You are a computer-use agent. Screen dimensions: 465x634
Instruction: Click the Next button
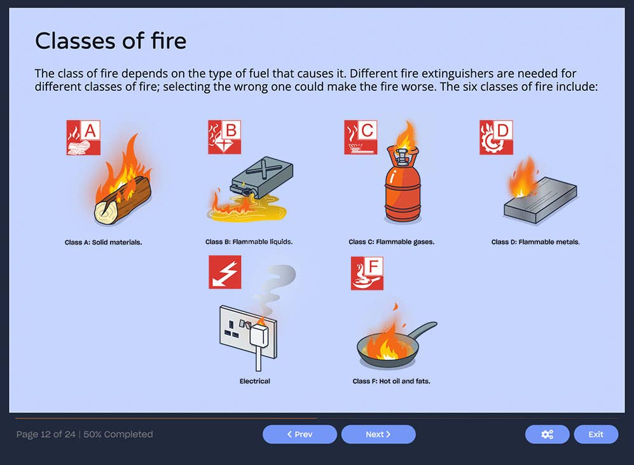(378, 435)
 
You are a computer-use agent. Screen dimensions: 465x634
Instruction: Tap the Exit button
(595, 435)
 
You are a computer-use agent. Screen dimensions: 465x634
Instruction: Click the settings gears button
(547, 435)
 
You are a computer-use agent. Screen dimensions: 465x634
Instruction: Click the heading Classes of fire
(111, 41)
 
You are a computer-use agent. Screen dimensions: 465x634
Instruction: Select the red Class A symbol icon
(83, 137)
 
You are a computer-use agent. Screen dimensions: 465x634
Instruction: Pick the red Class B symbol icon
(224, 137)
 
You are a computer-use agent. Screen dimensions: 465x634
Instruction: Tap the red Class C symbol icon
(361, 137)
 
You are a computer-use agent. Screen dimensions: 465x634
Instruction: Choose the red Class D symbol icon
(496, 137)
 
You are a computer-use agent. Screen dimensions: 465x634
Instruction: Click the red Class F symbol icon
(367, 273)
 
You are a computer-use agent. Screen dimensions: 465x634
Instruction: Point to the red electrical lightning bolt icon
(225, 273)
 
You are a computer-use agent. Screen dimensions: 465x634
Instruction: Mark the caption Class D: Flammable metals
(535, 242)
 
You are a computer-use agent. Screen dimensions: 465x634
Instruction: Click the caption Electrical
(254, 381)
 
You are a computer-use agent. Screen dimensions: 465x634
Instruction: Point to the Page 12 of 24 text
(46, 435)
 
